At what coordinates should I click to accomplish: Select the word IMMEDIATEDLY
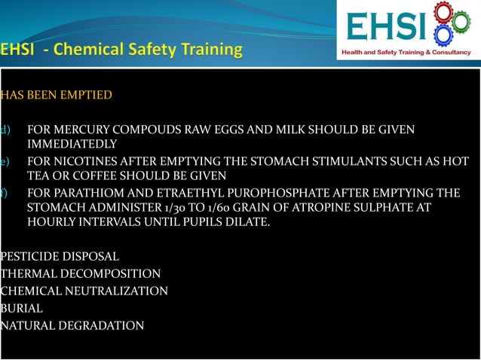(72, 144)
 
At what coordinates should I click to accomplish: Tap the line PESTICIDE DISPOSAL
(60, 257)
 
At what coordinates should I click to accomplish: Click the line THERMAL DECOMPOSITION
(81, 274)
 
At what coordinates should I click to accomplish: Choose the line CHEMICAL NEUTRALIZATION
(84, 291)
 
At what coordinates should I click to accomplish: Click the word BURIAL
(22, 308)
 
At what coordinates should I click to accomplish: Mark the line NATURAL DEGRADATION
(72, 325)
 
